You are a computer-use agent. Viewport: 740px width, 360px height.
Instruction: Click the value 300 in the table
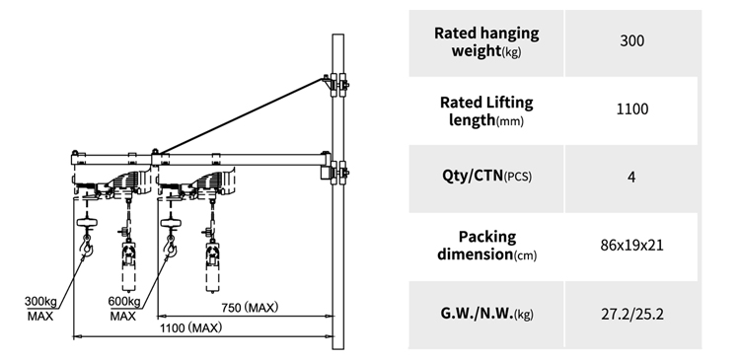(x=631, y=41)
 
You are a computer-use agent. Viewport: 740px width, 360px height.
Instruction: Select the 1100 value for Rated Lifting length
(x=631, y=109)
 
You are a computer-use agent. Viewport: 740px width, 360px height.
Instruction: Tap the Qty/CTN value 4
(x=631, y=178)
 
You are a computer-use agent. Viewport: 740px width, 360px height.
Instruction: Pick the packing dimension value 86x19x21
(x=631, y=246)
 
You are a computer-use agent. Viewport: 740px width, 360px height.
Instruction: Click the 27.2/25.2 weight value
(x=631, y=314)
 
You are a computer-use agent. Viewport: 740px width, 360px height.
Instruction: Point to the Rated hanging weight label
(x=486, y=41)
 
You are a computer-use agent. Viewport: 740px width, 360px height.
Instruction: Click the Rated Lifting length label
(x=486, y=110)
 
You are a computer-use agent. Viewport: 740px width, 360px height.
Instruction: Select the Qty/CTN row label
(x=486, y=176)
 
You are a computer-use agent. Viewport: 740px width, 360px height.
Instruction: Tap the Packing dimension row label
(x=486, y=246)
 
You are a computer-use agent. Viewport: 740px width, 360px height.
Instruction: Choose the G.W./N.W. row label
(x=486, y=314)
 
